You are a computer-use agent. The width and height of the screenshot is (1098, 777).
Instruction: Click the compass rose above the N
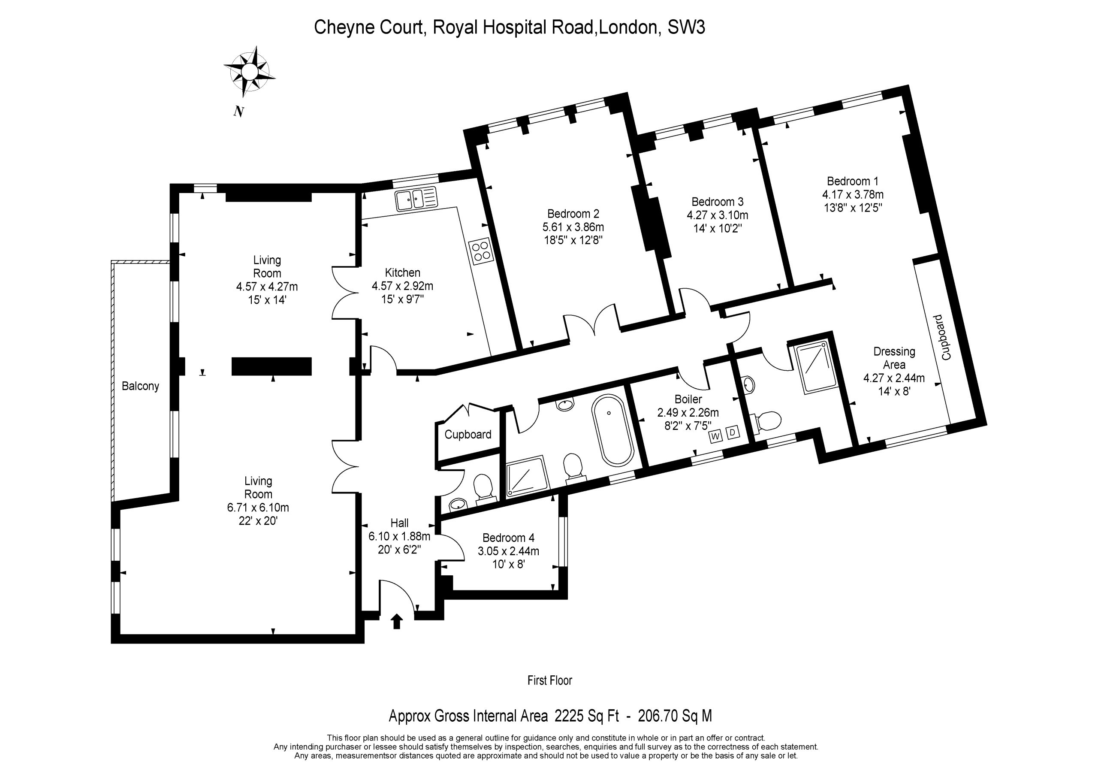(x=249, y=72)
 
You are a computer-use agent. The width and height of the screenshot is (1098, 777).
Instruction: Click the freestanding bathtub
(x=612, y=429)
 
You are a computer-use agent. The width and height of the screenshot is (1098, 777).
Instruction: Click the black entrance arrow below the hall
(x=397, y=622)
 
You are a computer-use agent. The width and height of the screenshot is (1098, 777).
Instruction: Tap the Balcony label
(x=140, y=386)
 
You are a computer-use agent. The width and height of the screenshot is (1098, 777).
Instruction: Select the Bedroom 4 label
(x=508, y=538)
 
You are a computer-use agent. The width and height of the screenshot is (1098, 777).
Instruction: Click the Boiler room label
(x=688, y=399)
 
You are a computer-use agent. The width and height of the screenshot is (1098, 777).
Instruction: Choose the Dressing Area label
(x=894, y=358)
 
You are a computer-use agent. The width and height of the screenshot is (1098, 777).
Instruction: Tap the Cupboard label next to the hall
(x=468, y=435)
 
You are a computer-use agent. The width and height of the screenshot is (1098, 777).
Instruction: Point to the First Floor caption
(x=549, y=680)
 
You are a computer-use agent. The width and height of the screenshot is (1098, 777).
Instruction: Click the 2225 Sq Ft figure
(x=587, y=716)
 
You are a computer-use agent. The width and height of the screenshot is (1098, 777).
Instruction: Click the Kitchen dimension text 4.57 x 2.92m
(x=403, y=286)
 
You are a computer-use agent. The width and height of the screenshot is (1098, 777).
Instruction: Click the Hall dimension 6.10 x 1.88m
(x=399, y=536)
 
